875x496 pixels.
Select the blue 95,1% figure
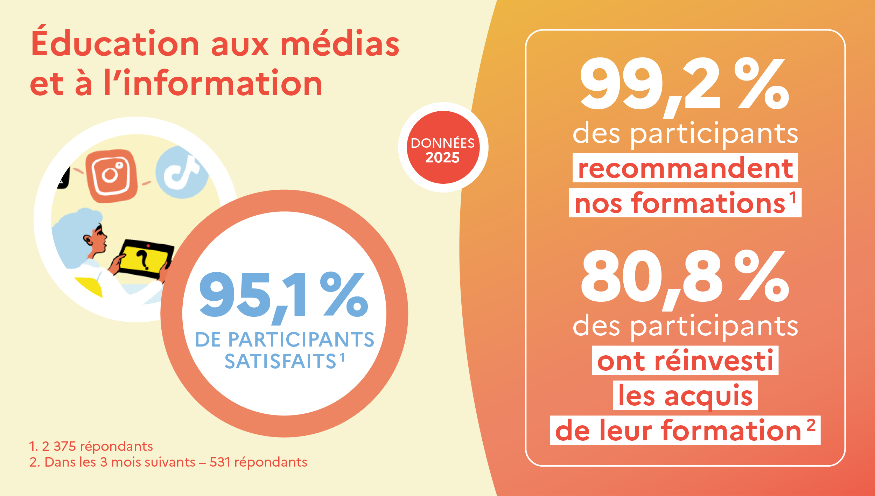[283, 296]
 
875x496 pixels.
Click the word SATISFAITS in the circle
[280, 361]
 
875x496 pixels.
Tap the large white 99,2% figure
[684, 84]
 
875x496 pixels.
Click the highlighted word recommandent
[685, 168]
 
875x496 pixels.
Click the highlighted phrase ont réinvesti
[685, 361]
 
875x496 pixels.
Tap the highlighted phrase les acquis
[685, 396]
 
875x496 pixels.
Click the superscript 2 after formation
[811, 426]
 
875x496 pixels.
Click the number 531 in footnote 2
[220, 462]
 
